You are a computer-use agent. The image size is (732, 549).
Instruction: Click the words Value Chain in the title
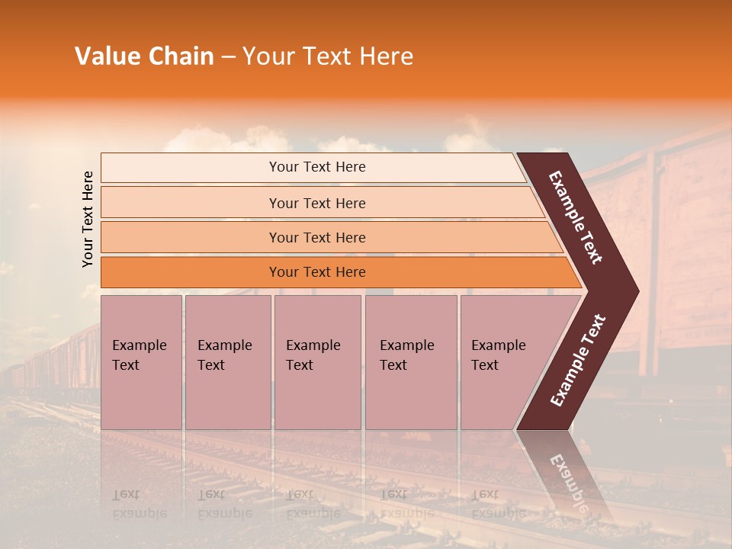point(144,56)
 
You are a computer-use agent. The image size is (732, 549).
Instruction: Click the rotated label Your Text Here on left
point(88,219)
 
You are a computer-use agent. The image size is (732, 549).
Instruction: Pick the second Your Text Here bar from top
point(317,203)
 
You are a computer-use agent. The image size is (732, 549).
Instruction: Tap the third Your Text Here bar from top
point(317,238)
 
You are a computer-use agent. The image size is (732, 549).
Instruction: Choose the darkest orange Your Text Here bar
point(317,272)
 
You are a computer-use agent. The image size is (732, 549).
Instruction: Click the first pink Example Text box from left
point(141,362)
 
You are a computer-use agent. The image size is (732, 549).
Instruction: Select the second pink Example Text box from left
point(227,362)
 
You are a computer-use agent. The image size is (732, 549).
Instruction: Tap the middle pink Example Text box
point(317,362)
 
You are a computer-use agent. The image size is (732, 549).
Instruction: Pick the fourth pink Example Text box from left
point(410,362)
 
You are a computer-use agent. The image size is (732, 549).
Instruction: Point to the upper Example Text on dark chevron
point(576,217)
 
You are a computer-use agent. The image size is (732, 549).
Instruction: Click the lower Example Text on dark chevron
point(578,360)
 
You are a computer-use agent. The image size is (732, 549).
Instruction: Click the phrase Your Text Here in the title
point(328,56)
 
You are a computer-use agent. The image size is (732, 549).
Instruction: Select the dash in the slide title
point(228,57)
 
